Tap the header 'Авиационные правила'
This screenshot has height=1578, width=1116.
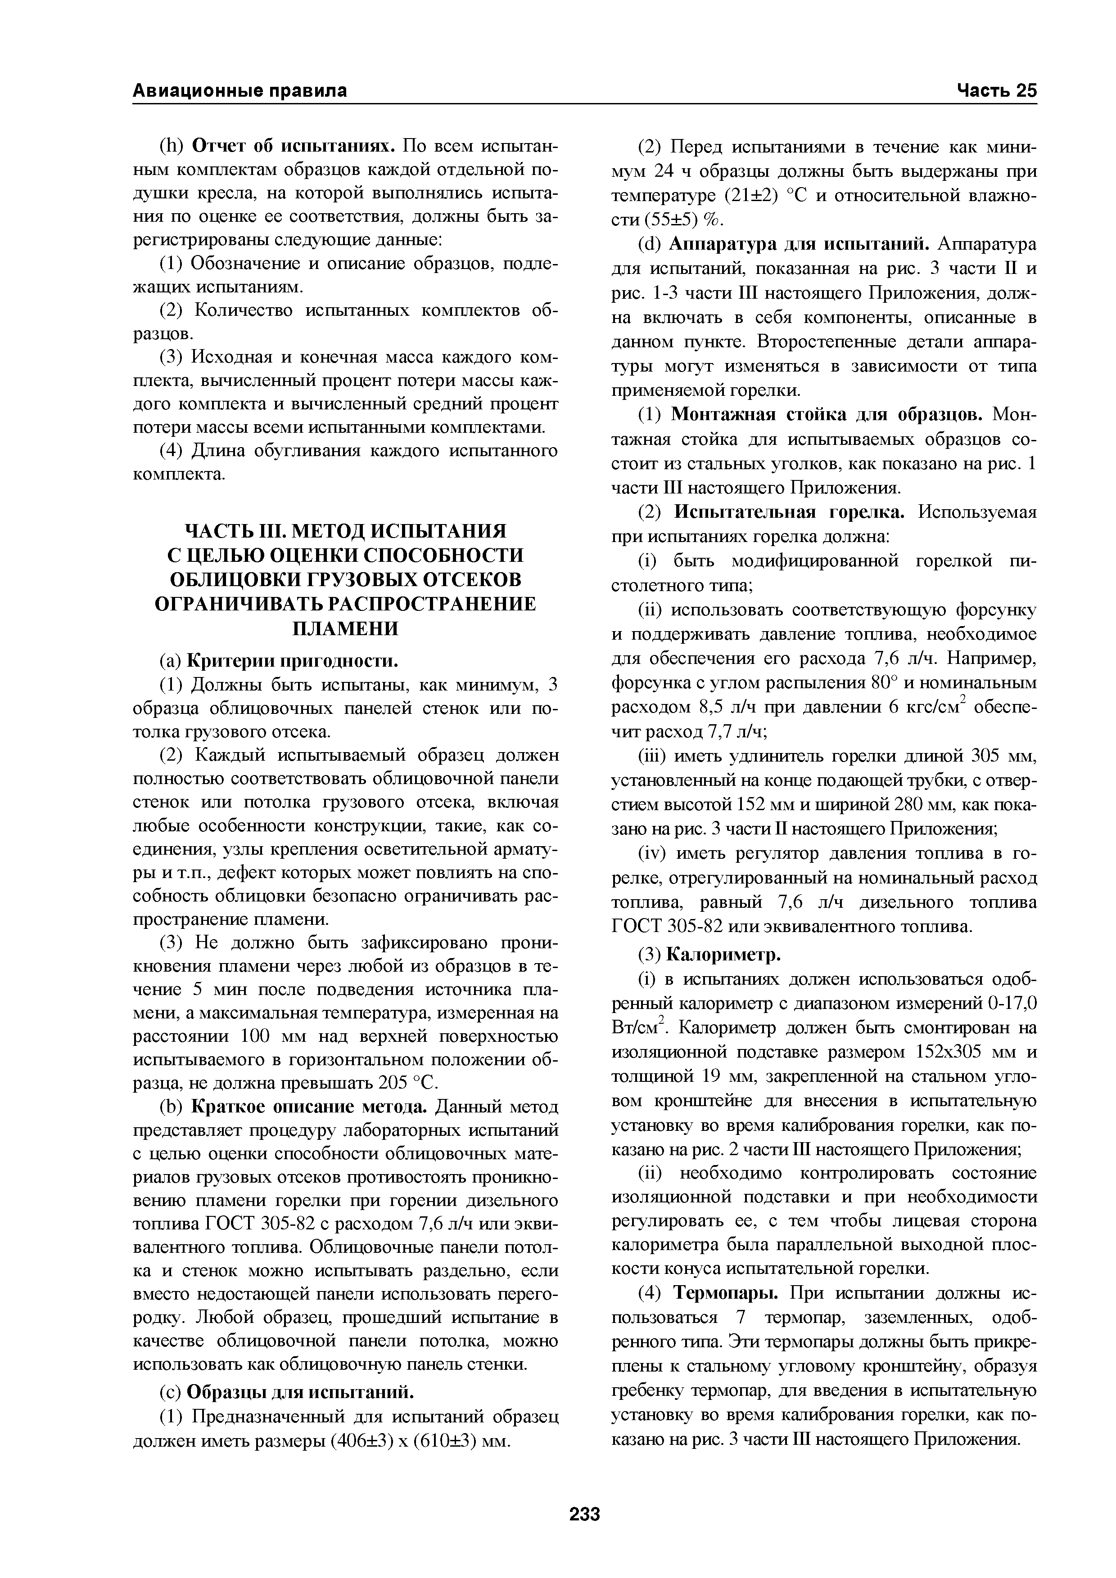(x=239, y=91)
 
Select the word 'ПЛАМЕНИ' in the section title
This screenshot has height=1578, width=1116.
(x=346, y=629)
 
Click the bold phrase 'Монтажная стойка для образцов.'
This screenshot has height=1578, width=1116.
(x=829, y=415)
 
